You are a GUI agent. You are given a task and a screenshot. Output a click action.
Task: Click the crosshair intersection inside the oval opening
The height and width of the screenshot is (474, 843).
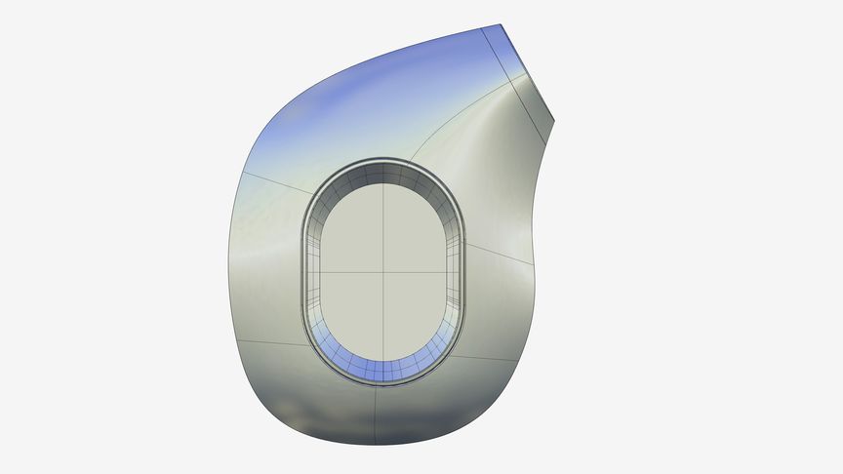[382, 271]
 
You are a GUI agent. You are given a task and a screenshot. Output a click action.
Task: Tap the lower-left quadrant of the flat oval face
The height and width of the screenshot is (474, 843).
[351, 312]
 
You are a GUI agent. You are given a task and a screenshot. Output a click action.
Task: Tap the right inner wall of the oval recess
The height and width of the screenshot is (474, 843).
[456, 273]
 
